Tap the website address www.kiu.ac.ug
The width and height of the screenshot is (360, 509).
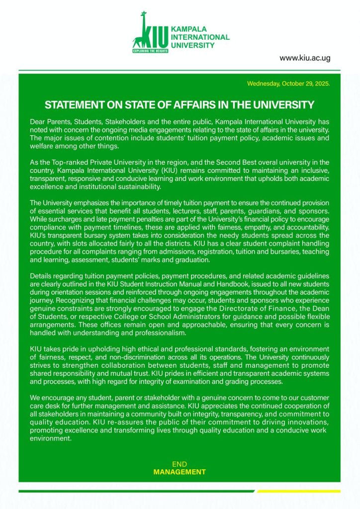pyautogui.click(x=304, y=58)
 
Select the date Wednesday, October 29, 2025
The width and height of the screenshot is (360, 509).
pyautogui.click(x=288, y=83)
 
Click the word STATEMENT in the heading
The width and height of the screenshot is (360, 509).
pyautogui.click(x=74, y=105)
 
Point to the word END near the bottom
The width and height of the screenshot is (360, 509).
pyautogui.click(x=179, y=464)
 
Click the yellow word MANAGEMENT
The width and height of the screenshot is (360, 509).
pyautogui.click(x=179, y=472)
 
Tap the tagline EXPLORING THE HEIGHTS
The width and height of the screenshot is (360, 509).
pyautogui.click(x=150, y=51)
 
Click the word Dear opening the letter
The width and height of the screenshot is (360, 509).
pyautogui.click(x=38, y=122)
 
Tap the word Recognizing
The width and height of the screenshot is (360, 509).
pyautogui.click(x=78, y=301)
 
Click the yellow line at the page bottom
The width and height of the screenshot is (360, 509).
pyautogui.click(x=299, y=491)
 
